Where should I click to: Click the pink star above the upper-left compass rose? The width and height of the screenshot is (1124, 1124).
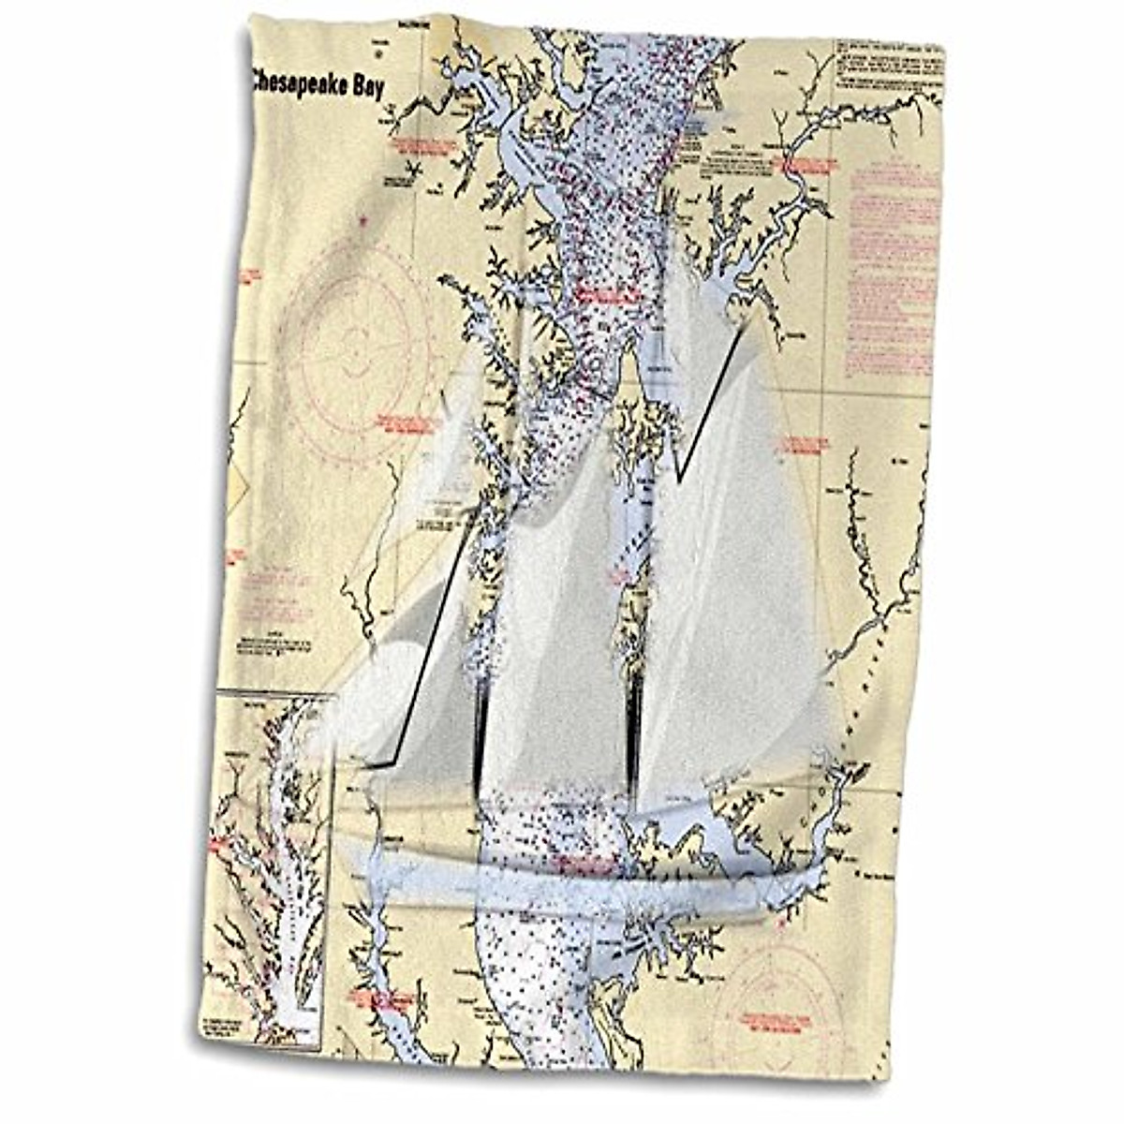[362, 221]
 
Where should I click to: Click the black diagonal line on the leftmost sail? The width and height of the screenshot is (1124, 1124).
[426, 646]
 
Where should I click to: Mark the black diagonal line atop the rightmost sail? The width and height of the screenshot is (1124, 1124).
[714, 393]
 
